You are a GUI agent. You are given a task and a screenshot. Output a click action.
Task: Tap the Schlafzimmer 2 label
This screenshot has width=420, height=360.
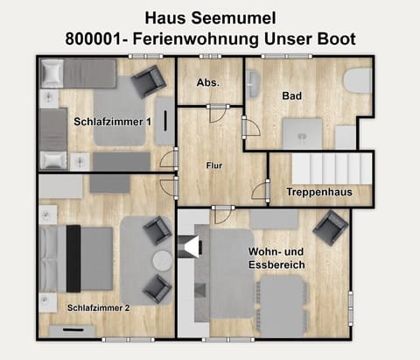pos(99,308)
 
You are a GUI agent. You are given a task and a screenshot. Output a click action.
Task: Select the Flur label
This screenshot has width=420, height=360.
pos(213,165)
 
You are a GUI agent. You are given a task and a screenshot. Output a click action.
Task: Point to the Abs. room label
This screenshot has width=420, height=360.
pos(208,83)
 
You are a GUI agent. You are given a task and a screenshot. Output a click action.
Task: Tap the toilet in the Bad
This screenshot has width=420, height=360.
pos(356,81)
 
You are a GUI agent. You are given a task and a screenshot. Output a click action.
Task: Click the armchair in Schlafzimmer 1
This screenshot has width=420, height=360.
pos(148,83)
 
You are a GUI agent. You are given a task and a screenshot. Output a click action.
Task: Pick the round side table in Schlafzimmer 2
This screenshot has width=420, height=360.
pos(163,261)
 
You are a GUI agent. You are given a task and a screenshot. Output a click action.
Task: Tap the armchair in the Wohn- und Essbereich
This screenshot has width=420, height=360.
pos(331,229)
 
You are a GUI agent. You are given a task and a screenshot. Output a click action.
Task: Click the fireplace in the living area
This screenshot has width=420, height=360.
pos(188,248)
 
